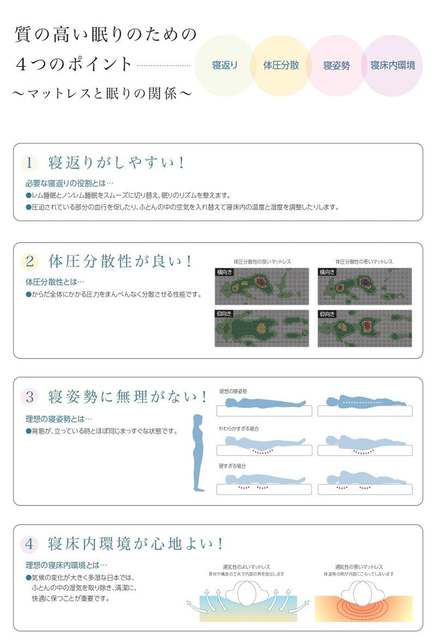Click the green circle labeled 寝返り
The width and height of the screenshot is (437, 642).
[x=225, y=66]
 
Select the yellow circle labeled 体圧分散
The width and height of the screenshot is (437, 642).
[x=281, y=66]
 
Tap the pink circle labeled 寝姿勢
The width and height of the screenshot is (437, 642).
[x=336, y=66]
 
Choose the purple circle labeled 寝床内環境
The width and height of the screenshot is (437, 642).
[x=392, y=66]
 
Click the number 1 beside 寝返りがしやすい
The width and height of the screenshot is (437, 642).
[x=30, y=163]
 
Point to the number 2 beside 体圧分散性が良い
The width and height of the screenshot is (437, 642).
[x=30, y=261]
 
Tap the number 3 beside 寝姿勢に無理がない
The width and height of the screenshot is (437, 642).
[x=30, y=396]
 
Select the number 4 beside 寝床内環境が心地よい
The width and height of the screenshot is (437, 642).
[x=30, y=544]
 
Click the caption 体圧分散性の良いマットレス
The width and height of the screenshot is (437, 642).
[x=262, y=262]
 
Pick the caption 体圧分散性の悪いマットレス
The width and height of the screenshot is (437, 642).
[x=364, y=262]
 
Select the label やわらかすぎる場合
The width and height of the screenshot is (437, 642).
[x=239, y=429]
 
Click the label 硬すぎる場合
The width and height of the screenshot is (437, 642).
[x=232, y=466]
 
